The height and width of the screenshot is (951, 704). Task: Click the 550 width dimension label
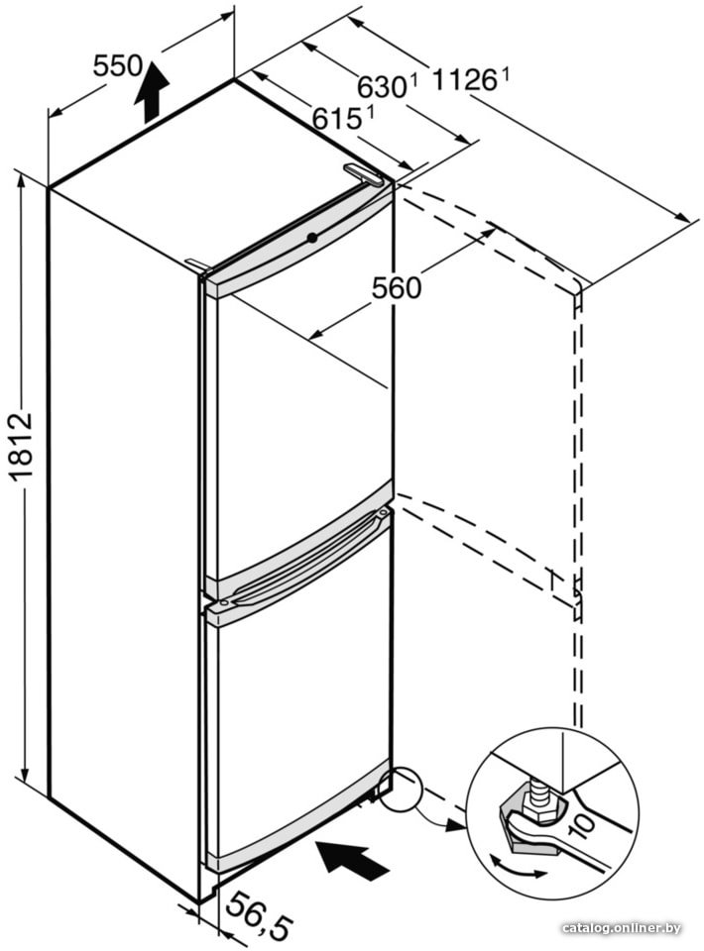[117, 65]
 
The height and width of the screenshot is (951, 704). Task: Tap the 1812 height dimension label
[23, 446]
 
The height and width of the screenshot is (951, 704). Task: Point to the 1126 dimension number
[465, 80]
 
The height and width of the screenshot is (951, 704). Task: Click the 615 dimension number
[337, 118]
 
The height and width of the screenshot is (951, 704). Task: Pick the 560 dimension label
[397, 287]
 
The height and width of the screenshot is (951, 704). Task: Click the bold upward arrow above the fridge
[152, 92]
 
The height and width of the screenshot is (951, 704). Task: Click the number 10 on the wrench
[582, 825]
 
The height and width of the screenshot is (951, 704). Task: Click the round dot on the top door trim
[312, 238]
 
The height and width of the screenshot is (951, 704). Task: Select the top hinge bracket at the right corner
[363, 174]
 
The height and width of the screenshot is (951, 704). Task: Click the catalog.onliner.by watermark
[622, 928]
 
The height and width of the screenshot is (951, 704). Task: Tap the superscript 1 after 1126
[504, 74]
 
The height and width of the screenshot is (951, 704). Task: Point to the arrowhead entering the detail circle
[454, 825]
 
